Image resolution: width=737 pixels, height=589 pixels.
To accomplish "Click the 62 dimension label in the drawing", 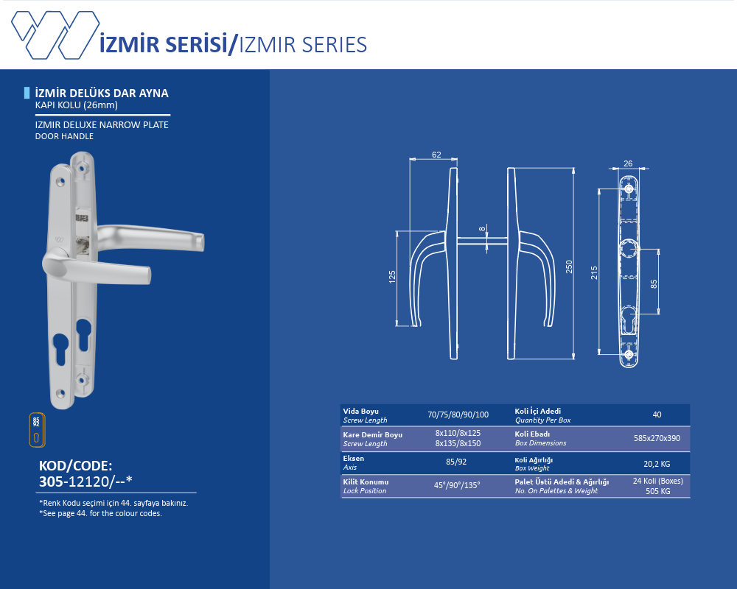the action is (x=436, y=155).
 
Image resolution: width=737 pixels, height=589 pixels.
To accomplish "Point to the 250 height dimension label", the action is (x=569, y=267).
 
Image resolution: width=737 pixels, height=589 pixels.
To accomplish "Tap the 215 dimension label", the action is (x=594, y=272).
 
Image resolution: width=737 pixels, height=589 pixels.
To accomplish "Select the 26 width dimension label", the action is (x=628, y=163).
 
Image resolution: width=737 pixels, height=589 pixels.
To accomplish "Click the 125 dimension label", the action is (x=392, y=277).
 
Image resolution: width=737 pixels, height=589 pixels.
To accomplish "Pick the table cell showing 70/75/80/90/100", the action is (x=458, y=415).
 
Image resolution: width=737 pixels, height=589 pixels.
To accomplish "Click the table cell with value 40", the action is (x=657, y=415).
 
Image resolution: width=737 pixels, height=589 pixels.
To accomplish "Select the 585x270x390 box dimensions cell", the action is (x=657, y=438).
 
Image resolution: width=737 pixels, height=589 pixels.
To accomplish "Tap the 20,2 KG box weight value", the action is (x=657, y=464).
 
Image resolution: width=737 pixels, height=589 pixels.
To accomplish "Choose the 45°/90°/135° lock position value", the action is (x=457, y=485).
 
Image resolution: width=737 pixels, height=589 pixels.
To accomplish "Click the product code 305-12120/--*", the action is (x=85, y=482).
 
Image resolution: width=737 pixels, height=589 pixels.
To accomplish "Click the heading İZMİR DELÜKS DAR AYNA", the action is (x=102, y=93).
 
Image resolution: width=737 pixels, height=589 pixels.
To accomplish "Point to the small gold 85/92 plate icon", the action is (x=37, y=430).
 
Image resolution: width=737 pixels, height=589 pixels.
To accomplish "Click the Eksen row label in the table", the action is (x=353, y=459).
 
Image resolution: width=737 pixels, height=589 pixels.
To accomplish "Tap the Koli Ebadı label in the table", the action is (x=532, y=434).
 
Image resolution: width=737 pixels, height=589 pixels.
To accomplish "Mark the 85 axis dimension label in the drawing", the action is (x=654, y=284).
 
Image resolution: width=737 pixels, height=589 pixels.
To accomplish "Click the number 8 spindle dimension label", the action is (x=482, y=229).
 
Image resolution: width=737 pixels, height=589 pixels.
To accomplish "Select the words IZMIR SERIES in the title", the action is (x=303, y=45).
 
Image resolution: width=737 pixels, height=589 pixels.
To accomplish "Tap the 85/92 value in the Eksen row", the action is (x=456, y=462).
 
